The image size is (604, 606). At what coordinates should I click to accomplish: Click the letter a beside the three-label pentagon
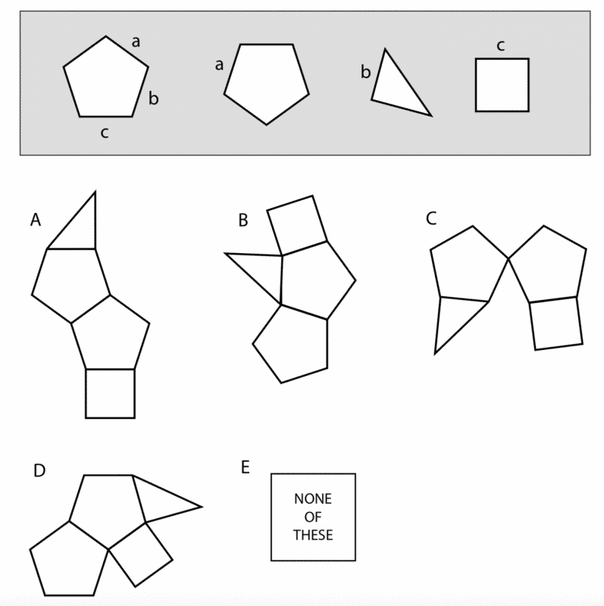(x=136, y=42)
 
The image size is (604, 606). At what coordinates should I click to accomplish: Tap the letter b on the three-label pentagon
(x=153, y=98)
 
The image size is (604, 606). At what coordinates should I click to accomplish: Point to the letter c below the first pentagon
(x=105, y=133)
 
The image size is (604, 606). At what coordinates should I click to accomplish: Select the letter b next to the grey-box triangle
(x=365, y=73)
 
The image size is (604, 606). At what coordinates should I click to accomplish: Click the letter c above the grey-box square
(x=501, y=45)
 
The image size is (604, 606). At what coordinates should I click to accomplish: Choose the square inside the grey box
(x=502, y=86)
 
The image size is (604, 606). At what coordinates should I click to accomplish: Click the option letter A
(x=35, y=220)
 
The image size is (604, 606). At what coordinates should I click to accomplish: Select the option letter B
(x=243, y=220)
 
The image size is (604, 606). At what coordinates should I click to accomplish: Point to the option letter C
(x=431, y=219)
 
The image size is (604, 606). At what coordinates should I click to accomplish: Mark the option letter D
(x=39, y=470)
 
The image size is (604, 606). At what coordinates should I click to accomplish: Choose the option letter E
(x=245, y=467)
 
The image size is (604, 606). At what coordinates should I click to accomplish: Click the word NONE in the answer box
(x=313, y=499)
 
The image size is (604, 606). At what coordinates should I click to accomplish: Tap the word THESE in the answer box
(x=313, y=535)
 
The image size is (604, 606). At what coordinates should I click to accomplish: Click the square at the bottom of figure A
(x=110, y=393)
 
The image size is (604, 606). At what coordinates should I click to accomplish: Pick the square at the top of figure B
(x=297, y=226)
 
